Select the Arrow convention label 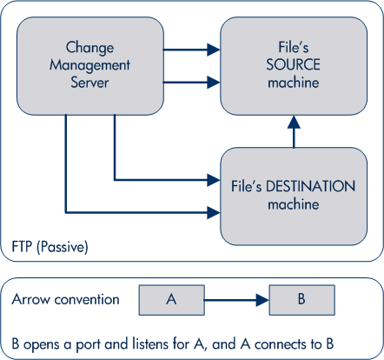(66, 299)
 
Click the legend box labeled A (171, 300)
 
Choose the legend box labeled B (301, 300)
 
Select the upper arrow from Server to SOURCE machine (190, 50)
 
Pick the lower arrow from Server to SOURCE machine (190, 83)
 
